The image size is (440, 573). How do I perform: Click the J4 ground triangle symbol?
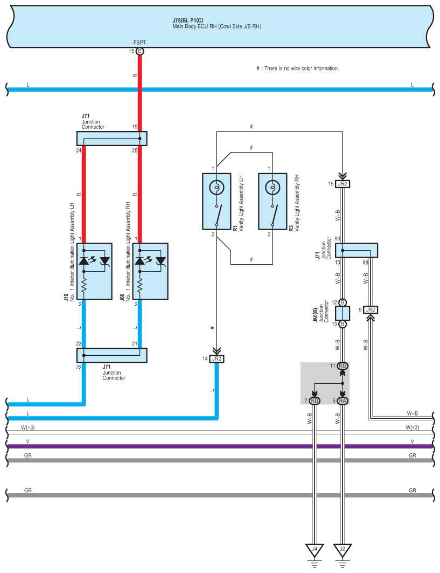[x=315, y=549]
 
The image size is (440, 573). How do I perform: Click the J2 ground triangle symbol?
[x=343, y=549]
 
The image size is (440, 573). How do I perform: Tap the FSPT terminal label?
[x=139, y=43]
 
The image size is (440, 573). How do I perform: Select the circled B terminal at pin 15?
[x=139, y=52]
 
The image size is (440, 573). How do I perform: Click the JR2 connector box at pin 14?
[x=217, y=359]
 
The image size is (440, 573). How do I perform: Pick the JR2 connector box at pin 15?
[x=343, y=184]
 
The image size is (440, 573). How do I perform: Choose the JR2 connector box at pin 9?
[x=371, y=310]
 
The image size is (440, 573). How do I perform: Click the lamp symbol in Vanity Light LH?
[x=216, y=188]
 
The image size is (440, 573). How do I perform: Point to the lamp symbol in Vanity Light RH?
[x=273, y=188]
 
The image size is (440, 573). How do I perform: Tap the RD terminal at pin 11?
[x=343, y=366]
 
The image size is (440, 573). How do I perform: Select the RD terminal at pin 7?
[x=315, y=401]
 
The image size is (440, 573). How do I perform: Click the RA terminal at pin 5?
[x=343, y=401]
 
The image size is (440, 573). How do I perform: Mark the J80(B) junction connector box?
[x=343, y=314]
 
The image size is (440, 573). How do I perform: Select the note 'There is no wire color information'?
[x=302, y=68]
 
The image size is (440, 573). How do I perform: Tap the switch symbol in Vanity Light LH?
[x=218, y=215]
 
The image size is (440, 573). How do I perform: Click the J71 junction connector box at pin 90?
[x=357, y=250]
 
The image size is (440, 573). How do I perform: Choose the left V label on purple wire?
[x=28, y=441]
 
